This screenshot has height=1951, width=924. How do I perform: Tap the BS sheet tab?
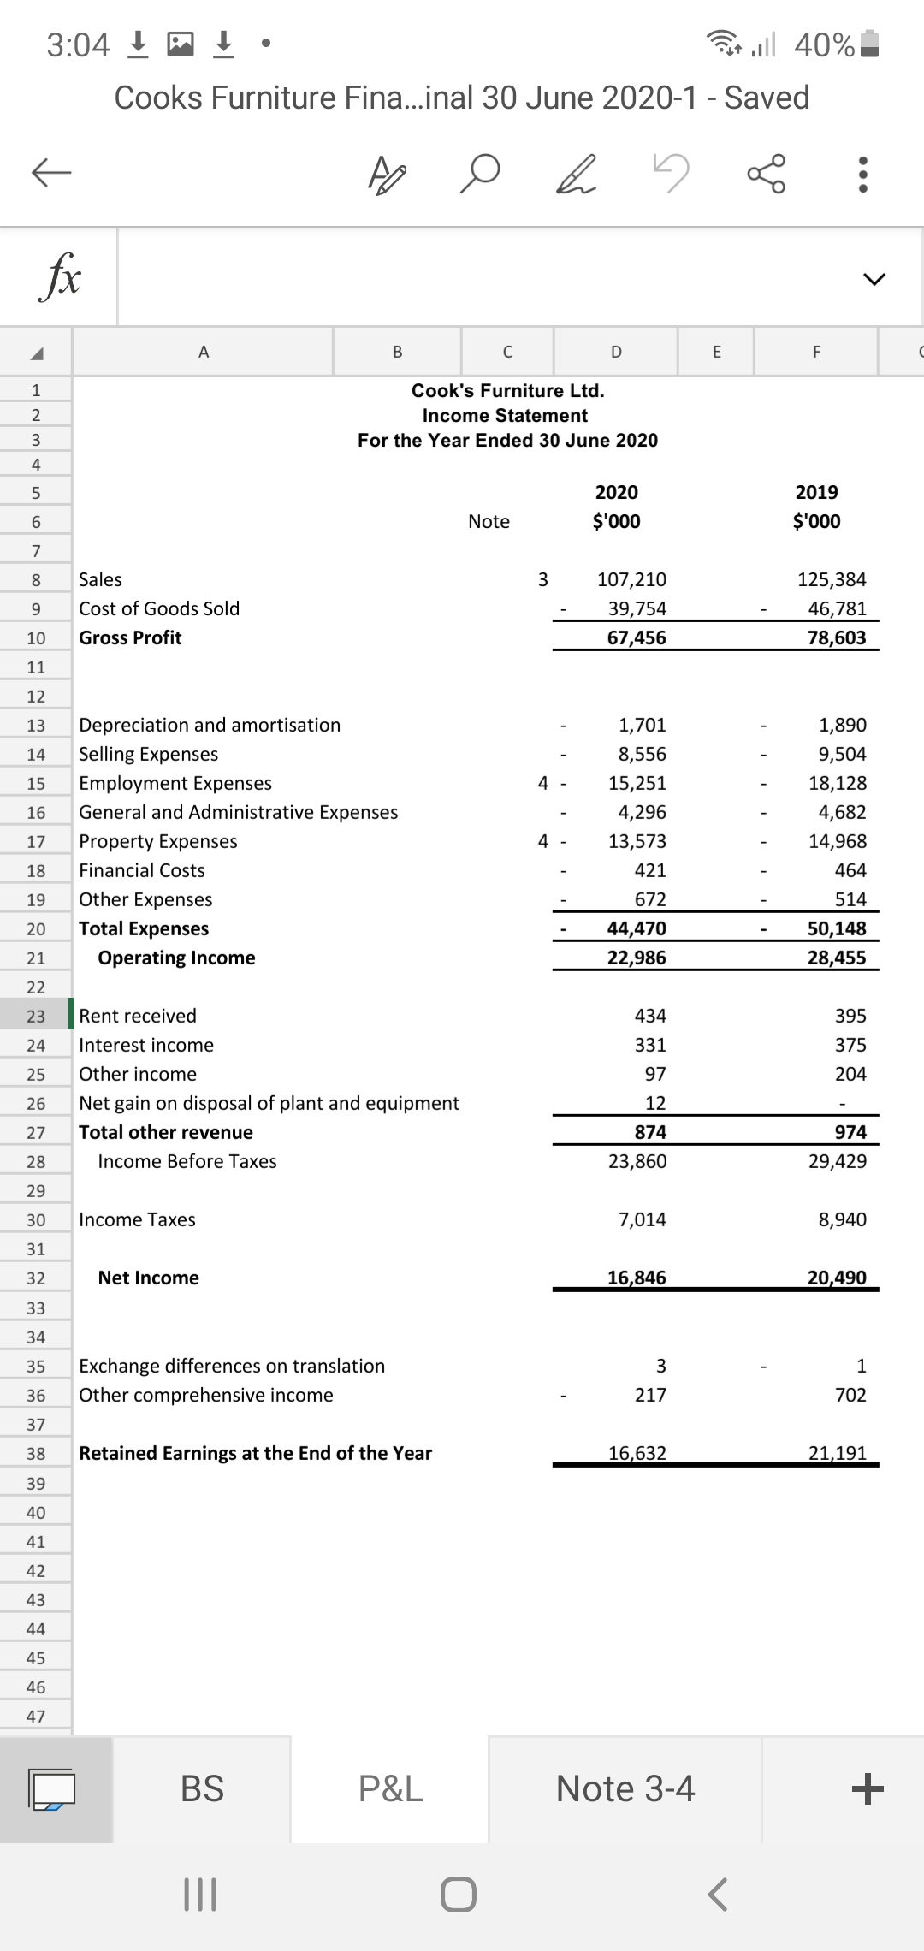[x=202, y=1788]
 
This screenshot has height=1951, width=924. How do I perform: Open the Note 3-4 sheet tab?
[x=625, y=1788]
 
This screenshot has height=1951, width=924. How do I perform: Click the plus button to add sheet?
[x=867, y=1788]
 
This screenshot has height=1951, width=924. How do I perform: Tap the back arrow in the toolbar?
[x=51, y=173]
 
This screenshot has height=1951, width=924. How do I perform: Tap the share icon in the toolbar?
[x=766, y=174]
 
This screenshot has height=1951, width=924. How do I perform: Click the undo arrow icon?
[x=671, y=173]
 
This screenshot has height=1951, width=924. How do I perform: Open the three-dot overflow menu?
[x=863, y=174]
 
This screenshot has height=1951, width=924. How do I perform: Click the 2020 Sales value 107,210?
[x=631, y=579]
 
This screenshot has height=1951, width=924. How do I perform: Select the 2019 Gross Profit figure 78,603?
[x=836, y=637]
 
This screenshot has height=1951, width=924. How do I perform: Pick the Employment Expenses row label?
[x=175, y=783]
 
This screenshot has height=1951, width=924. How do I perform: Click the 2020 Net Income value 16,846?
[x=637, y=1278]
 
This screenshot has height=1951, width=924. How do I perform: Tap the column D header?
[x=616, y=351]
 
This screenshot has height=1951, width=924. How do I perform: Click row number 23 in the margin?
[x=36, y=1017]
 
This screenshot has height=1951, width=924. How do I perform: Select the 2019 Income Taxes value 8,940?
[x=842, y=1219]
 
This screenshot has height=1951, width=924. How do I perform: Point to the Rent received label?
[x=138, y=1016]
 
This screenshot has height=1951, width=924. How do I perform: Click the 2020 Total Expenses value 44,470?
[x=637, y=928]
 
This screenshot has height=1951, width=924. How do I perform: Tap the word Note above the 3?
[x=489, y=521]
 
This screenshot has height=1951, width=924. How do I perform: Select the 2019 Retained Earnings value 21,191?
[x=837, y=1453]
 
